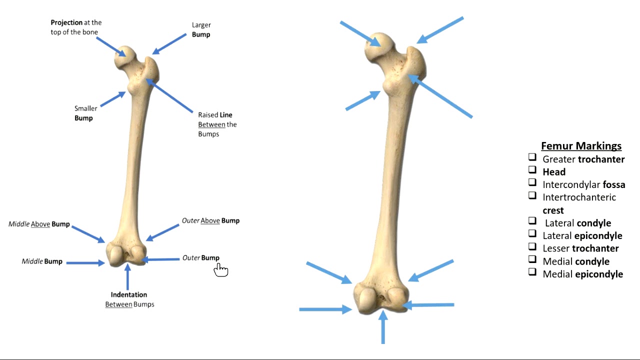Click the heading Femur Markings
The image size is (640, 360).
(581, 146)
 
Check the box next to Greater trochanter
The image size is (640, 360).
(532, 157)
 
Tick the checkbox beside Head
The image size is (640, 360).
(532, 170)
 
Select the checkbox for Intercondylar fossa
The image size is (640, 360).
(532, 182)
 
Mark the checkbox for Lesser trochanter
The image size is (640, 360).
(532, 246)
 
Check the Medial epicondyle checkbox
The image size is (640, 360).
(532, 272)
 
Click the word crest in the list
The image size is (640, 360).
(553, 210)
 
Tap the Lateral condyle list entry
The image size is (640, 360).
(577, 223)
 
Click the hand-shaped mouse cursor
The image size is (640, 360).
(220, 269)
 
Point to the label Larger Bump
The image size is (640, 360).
(201, 29)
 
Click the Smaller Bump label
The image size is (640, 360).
(85, 113)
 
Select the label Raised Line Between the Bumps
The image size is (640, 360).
(217, 124)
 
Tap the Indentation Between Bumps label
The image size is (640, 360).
(129, 299)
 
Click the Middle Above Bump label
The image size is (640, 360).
(39, 224)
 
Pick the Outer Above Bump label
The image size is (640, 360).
(210, 220)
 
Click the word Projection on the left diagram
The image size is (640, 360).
(66, 22)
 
